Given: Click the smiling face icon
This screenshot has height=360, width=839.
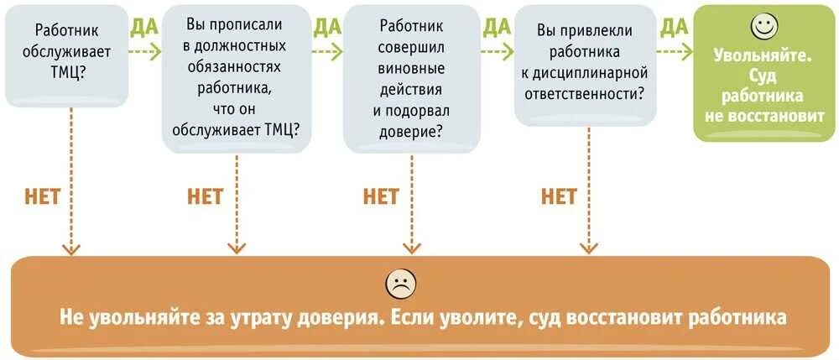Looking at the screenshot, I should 763,26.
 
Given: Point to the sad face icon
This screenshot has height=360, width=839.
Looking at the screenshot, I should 400,284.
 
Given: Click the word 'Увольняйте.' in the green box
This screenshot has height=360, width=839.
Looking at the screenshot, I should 763,56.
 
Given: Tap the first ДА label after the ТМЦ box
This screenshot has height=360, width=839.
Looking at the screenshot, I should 144,27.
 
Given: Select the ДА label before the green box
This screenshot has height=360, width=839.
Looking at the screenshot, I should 675,27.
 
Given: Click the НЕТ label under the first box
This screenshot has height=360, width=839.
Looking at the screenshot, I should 43,196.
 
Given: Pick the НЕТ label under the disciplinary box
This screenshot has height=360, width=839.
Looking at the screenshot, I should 559,196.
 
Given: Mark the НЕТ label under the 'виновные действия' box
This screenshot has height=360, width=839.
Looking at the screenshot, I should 381,196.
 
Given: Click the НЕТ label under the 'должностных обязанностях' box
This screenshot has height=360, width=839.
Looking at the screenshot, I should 205,196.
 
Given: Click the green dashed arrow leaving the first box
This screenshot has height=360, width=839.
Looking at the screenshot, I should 145,51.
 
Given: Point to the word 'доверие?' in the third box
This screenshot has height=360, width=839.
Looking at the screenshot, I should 411,130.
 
